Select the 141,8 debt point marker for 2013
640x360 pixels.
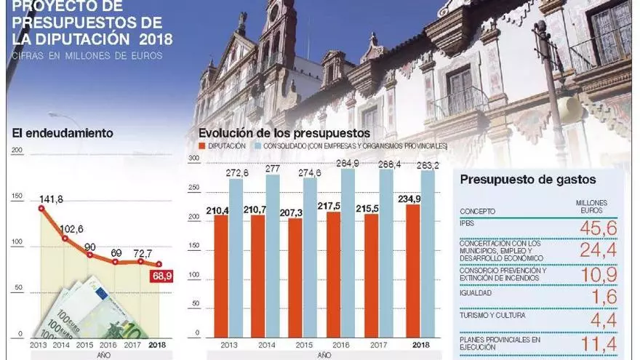[41, 208]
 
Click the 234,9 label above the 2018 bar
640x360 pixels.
[409, 199]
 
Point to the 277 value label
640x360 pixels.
[273, 169]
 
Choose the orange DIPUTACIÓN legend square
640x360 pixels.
[203, 146]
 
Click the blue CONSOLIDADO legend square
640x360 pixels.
[257, 146]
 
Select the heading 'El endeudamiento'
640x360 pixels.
[63, 133]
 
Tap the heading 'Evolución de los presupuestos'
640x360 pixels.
[284, 133]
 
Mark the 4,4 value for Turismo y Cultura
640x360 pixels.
[604, 319]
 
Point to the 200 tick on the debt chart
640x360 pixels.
[18, 151]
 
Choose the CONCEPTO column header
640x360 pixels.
[478, 212]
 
